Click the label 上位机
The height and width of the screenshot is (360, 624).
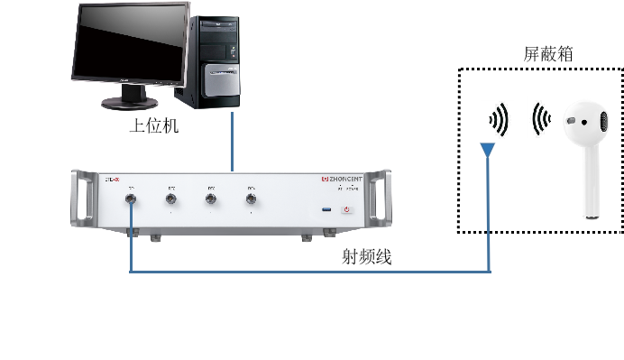tap(154, 126)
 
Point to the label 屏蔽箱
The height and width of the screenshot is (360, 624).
tap(549, 54)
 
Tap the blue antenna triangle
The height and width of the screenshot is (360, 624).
tap(488, 148)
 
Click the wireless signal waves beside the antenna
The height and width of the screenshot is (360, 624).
tap(500, 119)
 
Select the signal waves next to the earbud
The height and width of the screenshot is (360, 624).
tap(540, 119)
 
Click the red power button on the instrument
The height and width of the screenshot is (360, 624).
tap(345, 210)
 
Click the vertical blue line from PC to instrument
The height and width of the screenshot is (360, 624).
tap(234, 140)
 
